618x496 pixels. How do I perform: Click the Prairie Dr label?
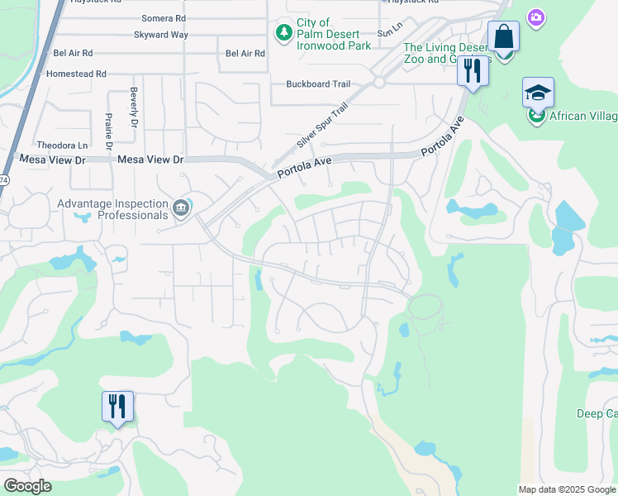(108, 131)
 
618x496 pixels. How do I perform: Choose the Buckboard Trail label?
(319, 83)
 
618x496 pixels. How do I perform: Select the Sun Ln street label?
(383, 33)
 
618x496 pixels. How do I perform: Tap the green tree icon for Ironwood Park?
(284, 32)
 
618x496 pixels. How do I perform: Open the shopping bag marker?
(502, 38)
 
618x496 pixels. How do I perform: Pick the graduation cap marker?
(537, 93)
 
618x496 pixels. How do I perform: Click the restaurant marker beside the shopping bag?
(473, 69)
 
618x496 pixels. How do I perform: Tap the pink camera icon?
(537, 17)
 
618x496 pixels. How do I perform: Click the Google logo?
(28, 486)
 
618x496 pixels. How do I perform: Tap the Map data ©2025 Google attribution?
(567, 489)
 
